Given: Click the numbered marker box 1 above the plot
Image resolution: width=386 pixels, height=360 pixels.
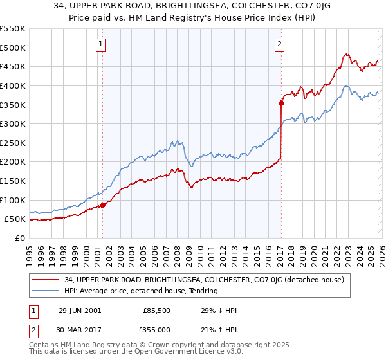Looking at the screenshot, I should (102, 44).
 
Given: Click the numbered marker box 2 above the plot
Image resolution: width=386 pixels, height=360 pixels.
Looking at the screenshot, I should (280, 44).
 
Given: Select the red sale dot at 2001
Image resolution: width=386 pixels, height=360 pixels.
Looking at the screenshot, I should (102, 205).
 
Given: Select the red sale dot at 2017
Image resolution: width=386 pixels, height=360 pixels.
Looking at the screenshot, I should (281, 102).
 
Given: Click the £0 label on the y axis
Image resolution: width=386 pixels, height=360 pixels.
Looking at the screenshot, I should (20, 238).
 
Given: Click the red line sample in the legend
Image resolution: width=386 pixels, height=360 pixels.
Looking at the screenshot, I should (46, 280).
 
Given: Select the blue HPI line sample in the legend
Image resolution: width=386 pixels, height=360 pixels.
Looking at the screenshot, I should (46, 291).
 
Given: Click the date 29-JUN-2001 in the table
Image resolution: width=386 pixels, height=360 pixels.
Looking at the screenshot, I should (80, 310).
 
